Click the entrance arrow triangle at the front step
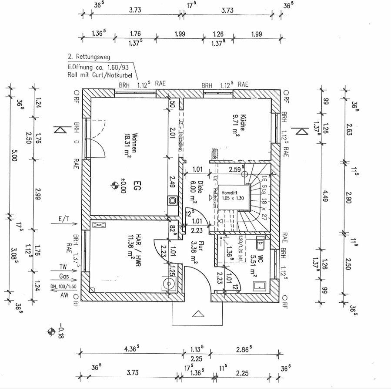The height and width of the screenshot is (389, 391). (198, 315)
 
